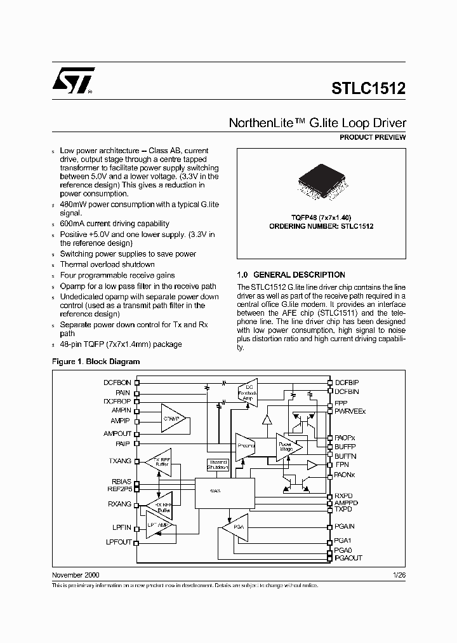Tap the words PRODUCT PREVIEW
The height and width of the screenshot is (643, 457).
point(373,137)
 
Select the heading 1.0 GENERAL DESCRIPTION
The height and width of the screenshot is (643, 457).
point(291,275)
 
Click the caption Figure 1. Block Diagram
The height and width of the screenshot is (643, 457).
point(95,362)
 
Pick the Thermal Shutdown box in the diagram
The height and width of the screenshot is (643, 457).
point(218,465)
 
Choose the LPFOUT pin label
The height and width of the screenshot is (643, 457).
point(118,542)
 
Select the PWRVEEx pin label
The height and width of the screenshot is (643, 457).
point(350,411)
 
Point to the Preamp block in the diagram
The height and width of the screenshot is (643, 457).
point(245,445)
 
